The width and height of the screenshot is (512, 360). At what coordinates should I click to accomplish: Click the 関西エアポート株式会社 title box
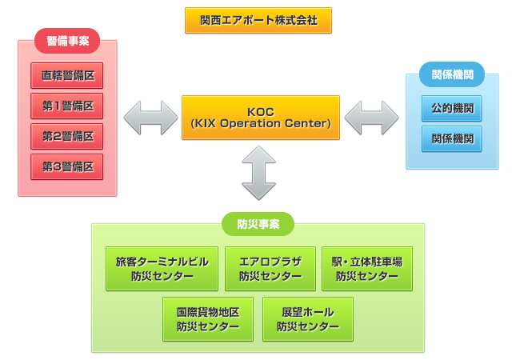point(258,21)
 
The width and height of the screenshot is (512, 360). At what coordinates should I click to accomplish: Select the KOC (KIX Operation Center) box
point(261,118)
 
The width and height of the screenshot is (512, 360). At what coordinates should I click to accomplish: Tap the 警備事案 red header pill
point(67,41)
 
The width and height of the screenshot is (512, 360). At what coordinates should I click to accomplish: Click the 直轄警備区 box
point(67,75)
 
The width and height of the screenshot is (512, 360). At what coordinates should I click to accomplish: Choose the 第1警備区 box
point(67,106)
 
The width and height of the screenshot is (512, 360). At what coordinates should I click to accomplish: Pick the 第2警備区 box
point(67,136)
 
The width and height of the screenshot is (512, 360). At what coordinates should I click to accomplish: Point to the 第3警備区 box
point(67,166)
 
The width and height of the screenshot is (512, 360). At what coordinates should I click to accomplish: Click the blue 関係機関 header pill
point(452,74)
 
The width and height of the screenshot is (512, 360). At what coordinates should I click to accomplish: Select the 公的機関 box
point(451,108)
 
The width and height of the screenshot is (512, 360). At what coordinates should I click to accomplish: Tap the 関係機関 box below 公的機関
point(451,139)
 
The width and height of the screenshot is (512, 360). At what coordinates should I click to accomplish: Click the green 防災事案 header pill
point(258,224)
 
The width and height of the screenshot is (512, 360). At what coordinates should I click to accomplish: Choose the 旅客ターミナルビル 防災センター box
point(162,269)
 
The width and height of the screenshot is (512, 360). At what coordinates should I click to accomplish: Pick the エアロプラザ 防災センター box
point(270,269)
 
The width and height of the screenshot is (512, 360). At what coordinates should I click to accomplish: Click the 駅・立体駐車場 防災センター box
point(367,269)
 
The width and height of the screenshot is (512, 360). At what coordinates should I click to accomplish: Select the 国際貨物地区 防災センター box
point(208,319)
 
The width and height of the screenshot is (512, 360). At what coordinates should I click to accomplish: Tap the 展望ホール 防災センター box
point(308,319)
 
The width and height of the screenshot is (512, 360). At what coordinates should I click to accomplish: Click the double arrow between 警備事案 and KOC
point(150,118)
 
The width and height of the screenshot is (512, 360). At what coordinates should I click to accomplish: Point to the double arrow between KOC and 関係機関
point(371,118)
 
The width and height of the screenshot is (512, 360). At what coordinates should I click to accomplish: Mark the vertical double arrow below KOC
point(258,173)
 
